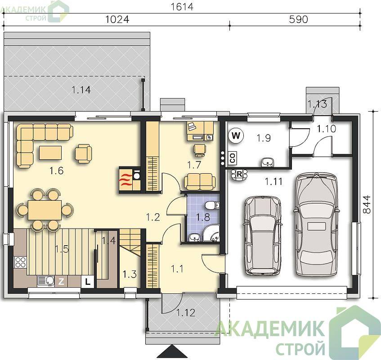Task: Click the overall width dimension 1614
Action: pyautogui.click(x=182, y=7)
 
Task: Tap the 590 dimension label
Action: pyautogui.click(x=298, y=19)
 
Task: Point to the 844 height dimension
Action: pyautogui.click(x=367, y=204)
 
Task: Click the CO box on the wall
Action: pyautogui.click(x=233, y=158)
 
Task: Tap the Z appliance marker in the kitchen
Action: pyautogui.click(x=61, y=282)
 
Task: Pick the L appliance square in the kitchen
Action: pyautogui.click(x=87, y=282)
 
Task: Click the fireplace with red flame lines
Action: pyautogui.click(x=126, y=180)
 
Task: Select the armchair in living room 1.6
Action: pyautogui.click(x=83, y=153)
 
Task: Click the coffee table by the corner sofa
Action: pyautogui.click(x=50, y=153)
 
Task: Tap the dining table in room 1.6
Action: pyautogui.click(x=45, y=210)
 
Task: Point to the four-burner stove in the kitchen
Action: pyautogui.click(x=20, y=262)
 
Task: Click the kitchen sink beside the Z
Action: pyautogui.click(x=46, y=281)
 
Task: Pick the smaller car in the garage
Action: pyautogui.click(x=262, y=235)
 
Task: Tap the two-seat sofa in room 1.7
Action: pyautogui.click(x=200, y=181)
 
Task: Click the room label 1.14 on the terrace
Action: pyautogui.click(x=81, y=90)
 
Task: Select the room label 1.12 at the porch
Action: pyautogui.click(x=186, y=313)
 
